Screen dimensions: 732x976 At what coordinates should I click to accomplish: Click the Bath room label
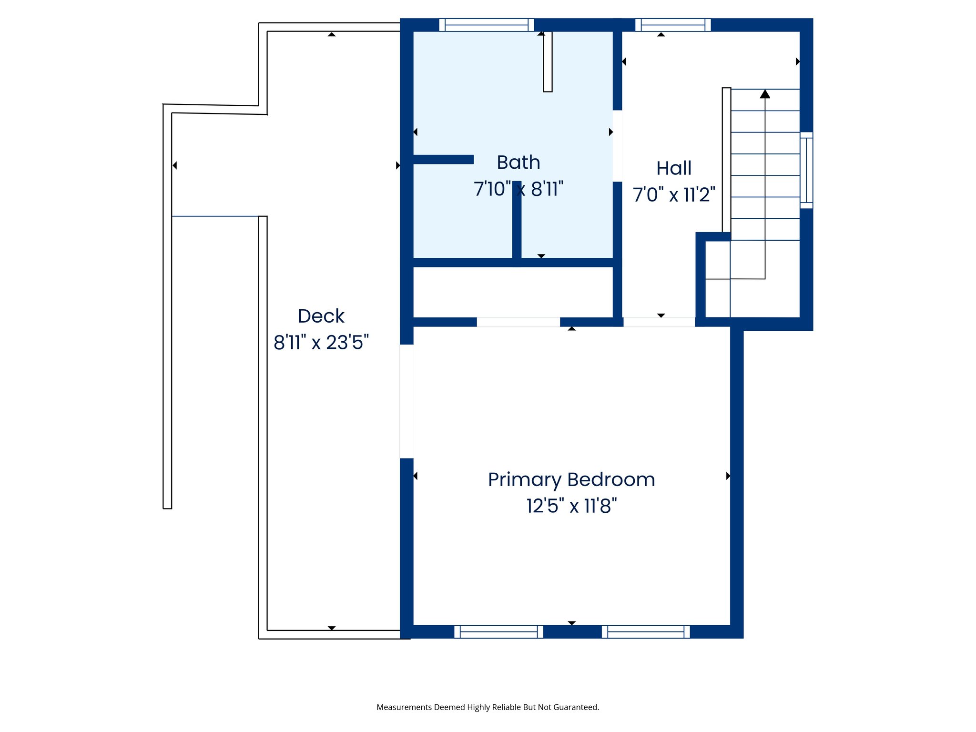tap(518, 163)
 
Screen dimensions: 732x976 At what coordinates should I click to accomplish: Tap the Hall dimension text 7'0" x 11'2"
tap(673, 194)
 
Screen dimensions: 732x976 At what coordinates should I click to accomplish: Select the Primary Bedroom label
tap(571, 479)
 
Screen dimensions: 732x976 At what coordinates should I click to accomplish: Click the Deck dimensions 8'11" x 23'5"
tap(321, 342)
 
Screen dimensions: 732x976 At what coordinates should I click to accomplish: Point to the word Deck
tap(321, 316)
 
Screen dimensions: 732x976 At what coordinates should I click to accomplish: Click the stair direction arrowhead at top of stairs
tap(765, 94)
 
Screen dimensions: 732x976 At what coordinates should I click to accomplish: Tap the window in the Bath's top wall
tap(486, 25)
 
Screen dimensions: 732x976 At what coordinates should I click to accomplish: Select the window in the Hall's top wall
tap(672, 25)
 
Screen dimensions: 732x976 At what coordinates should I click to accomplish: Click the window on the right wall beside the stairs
tap(806, 170)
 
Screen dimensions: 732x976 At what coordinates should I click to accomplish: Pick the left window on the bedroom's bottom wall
tap(498, 631)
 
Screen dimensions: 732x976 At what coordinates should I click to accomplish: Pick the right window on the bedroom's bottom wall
tap(645, 631)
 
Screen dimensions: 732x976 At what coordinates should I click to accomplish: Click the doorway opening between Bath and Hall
tap(617, 146)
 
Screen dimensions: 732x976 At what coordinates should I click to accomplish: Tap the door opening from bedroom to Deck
tap(407, 401)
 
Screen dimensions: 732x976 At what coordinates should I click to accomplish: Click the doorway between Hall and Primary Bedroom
tap(659, 322)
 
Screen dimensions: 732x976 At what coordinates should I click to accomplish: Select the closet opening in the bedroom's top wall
tap(518, 322)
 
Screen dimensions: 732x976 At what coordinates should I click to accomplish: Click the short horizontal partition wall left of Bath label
tap(443, 159)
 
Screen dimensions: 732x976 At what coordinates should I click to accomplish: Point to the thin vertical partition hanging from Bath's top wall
tap(548, 61)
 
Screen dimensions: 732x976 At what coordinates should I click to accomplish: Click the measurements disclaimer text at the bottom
tap(488, 707)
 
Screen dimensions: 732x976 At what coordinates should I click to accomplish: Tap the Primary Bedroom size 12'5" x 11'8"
tap(571, 506)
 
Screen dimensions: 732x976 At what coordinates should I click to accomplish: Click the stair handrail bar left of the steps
tap(726, 160)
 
